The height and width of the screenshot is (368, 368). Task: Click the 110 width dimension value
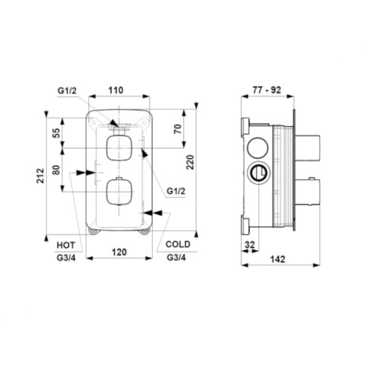tap(116, 90)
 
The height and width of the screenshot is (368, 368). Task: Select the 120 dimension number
tap(119, 252)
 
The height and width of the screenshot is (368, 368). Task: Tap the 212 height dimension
tap(40, 175)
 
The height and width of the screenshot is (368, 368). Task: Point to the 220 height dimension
tap(190, 162)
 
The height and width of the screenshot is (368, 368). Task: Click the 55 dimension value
tap(56, 133)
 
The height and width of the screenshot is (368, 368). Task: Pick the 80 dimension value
tap(56, 170)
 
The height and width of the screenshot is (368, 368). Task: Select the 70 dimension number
tap(178, 129)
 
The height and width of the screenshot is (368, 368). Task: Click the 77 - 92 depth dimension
tap(267, 90)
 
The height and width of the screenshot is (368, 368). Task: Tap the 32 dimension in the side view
tap(250, 245)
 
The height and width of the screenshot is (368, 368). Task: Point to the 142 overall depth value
tap(278, 259)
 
